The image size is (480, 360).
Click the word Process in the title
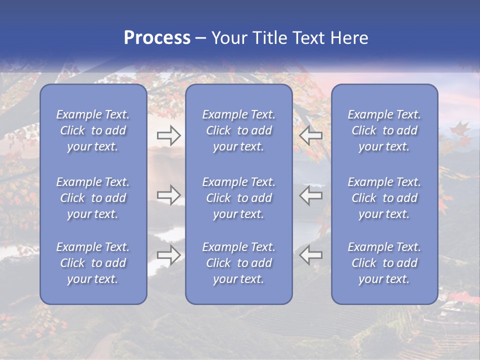157,38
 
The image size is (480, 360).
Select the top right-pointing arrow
168,135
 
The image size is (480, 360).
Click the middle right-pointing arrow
168,195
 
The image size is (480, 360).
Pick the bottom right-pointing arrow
168,255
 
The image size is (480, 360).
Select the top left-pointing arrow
311,135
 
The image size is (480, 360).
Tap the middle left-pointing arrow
311,195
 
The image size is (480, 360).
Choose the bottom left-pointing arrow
311,255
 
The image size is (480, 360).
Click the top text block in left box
93,130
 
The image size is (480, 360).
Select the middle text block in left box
93,198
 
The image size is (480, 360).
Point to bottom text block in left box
93,263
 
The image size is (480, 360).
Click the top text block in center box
238,130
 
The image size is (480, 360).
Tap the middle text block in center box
238,198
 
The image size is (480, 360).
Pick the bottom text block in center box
238,263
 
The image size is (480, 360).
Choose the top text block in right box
384,130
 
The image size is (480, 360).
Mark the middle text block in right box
384,198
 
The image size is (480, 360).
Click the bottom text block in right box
384,263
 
